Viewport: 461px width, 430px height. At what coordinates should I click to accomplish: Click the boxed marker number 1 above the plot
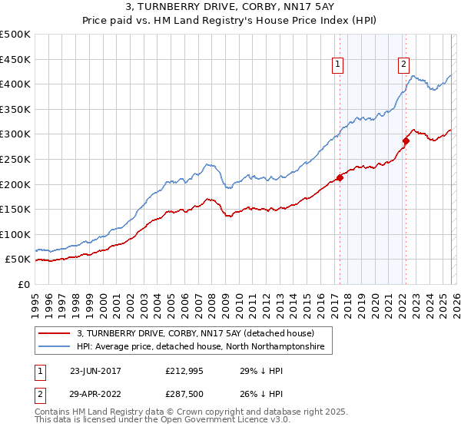click(338, 65)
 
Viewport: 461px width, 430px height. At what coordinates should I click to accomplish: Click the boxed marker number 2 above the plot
click(403, 65)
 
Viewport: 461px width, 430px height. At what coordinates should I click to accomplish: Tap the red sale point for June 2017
click(340, 178)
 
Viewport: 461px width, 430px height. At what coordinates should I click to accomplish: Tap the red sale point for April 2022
click(406, 141)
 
